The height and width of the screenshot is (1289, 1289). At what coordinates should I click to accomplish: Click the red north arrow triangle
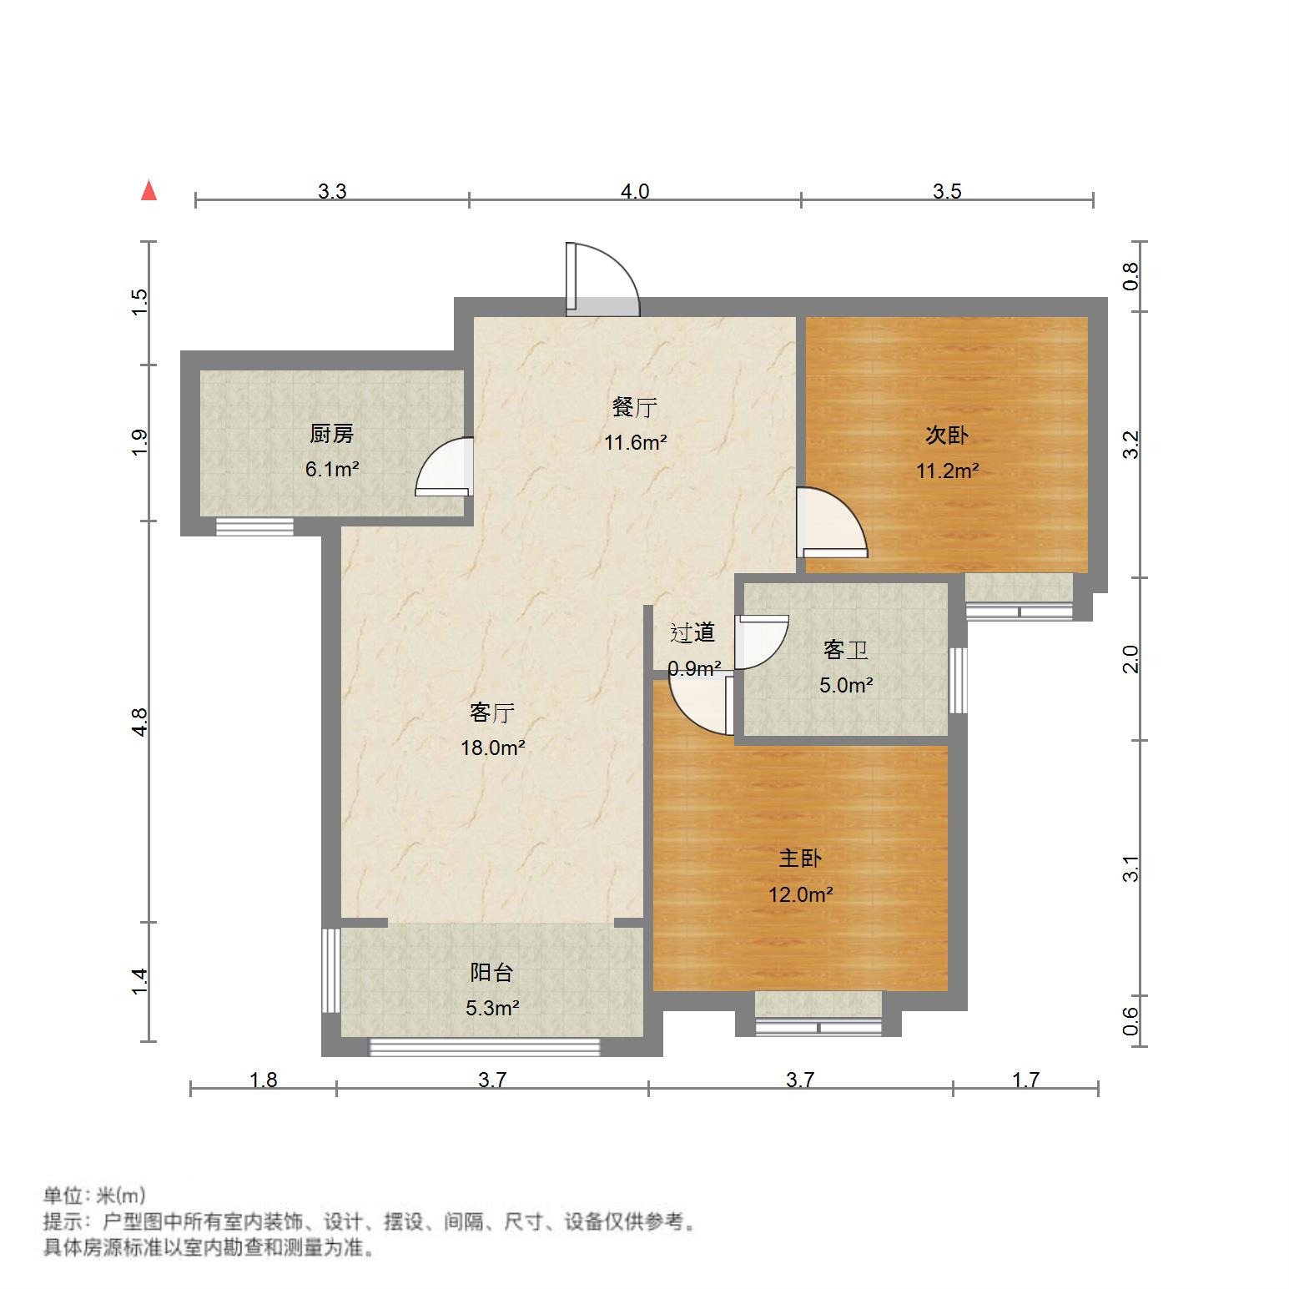[x=149, y=191]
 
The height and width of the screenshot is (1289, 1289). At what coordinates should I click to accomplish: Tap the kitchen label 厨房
[x=331, y=434]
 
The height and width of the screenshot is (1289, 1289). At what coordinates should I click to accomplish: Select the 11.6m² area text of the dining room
[x=635, y=443]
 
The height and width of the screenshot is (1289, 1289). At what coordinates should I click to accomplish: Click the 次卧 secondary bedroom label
[x=947, y=436]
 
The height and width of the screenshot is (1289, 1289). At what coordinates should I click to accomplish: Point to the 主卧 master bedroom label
[x=801, y=858]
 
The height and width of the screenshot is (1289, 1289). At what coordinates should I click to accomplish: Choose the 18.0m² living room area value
[x=492, y=748]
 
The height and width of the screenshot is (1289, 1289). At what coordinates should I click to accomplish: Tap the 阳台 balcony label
[x=491, y=972]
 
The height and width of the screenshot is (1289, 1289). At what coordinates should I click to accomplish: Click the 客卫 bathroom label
[x=845, y=650]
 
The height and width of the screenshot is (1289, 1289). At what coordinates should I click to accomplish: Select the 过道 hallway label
[x=692, y=633]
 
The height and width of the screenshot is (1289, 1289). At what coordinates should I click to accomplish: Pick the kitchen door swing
[x=445, y=467]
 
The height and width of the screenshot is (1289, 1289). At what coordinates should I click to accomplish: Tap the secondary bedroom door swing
[x=830, y=523]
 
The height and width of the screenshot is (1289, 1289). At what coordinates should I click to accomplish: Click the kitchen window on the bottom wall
[x=254, y=526]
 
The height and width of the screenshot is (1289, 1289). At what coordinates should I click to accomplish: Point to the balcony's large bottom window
[x=485, y=1046]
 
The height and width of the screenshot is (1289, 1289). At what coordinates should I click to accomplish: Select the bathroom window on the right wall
[x=959, y=680]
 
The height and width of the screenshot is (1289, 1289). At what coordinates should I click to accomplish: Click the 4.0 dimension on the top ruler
[x=634, y=191]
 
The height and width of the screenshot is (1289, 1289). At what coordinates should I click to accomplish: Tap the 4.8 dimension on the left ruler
[x=139, y=722]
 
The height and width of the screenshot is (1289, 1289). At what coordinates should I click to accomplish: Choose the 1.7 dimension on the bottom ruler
[x=1025, y=1080]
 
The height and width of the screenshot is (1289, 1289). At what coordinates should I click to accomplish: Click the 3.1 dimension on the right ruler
[x=1130, y=869]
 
